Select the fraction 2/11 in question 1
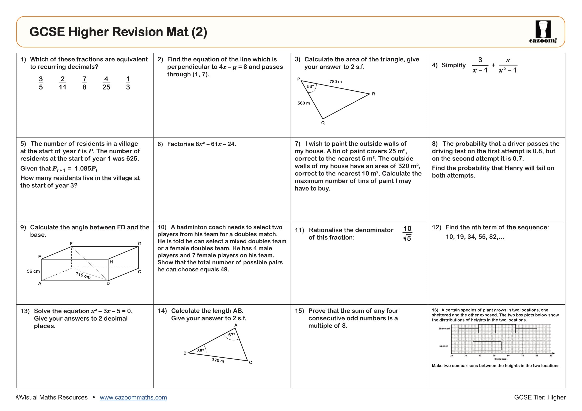(x=62, y=83)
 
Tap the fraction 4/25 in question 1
(x=106, y=83)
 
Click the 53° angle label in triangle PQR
(x=310, y=86)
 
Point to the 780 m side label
(x=335, y=82)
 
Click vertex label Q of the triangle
(x=323, y=123)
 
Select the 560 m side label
(x=303, y=103)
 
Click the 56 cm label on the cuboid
(x=33, y=271)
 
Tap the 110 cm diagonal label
(x=83, y=275)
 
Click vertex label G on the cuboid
(x=139, y=244)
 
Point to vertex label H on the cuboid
(x=111, y=262)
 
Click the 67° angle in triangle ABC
(x=231, y=335)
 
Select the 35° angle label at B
(x=200, y=351)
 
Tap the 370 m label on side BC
(x=218, y=360)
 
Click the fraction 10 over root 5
(x=407, y=233)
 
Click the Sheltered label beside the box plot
(x=444, y=329)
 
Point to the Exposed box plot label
(x=443, y=346)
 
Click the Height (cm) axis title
(x=501, y=359)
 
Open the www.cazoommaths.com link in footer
(x=133, y=397)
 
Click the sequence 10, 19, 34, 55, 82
(x=475, y=237)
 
